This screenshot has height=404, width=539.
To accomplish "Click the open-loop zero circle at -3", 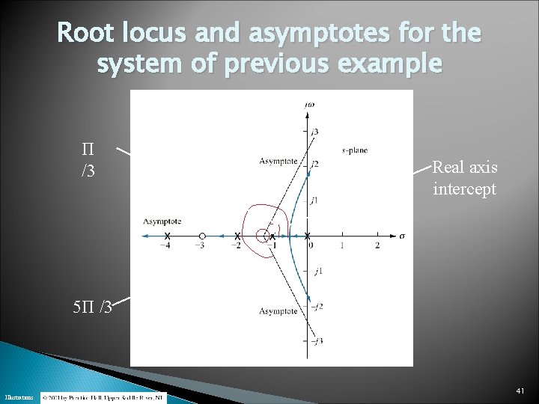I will pos(201,236).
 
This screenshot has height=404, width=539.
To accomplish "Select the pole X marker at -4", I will pos(166,236).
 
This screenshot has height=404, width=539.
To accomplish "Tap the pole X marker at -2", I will pos(237,236).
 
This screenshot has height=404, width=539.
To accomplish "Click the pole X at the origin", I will pos(308,236).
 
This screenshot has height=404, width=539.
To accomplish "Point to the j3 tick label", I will pos(315,132).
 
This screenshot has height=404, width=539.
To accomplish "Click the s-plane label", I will pos(354,150).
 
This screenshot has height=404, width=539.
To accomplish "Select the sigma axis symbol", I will pos(402,236).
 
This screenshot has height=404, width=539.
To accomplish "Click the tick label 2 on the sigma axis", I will pos(377,245).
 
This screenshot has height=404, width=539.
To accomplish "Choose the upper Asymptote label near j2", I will pos(277,161).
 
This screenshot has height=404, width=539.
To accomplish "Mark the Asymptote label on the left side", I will pos(162,221).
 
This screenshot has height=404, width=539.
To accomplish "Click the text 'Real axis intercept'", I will pos(464,178).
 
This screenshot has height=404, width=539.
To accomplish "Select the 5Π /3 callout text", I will pos(91,306).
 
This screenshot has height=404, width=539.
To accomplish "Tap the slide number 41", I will pos(521,391).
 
